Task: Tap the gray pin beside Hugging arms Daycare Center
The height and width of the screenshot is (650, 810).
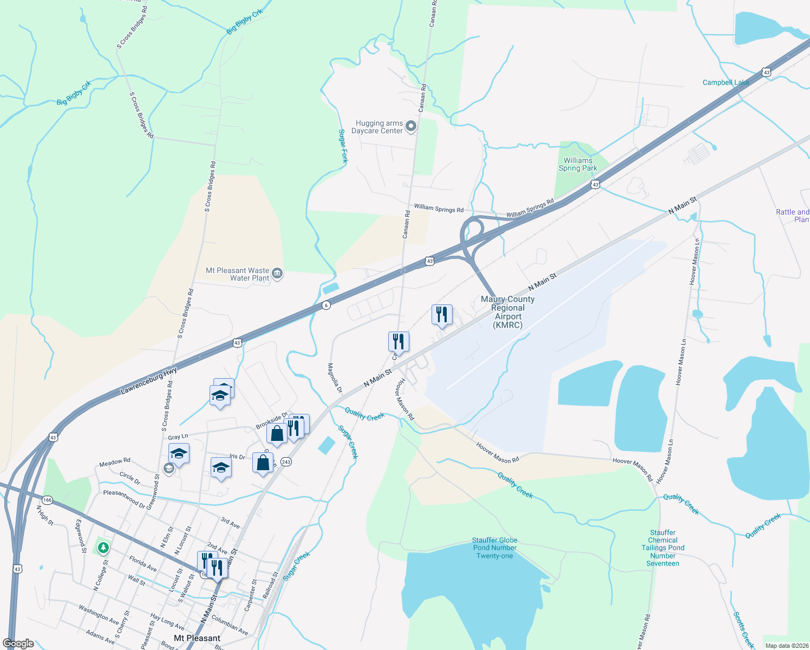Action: pyautogui.click(x=411, y=126)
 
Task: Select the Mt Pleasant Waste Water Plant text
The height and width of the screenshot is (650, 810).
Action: pyautogui.click(x=238, y=274)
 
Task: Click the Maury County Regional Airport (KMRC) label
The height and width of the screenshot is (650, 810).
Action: pyautogui.click(x=507, y=312)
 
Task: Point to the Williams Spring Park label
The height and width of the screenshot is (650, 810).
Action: pyautogui.click(x=578, y=164)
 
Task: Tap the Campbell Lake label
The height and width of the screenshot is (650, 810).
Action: pyautogui.click(x=726, y=82)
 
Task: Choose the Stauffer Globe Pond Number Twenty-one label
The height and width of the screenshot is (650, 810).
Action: pyautogui.click(x=494, y=548)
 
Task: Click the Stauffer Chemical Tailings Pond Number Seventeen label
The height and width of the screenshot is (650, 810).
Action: pyautogui.click(x=663, y=548)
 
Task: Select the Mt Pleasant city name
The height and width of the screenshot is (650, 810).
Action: pyautogui.click(x=197, y=638)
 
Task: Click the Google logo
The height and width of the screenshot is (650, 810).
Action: pyautogui.click(x=18, y=643)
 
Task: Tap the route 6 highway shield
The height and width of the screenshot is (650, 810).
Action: pyautogui.click(x=325, y=305)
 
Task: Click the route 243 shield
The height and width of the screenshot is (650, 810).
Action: pyautogui.click(x=286, y=462)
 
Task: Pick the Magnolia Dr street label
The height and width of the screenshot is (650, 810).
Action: pyautogui.click(x=335, y=378)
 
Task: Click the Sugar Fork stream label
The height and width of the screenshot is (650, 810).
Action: pyautogui.click(x=343, y=146)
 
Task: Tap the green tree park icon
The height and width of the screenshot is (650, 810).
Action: pyautogui.click(x=103, y=548)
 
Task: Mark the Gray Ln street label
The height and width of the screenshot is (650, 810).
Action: pyautogui.click(x=178, y=437)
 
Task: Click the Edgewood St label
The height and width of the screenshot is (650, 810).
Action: pyautogui.click(x=80, y=536)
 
